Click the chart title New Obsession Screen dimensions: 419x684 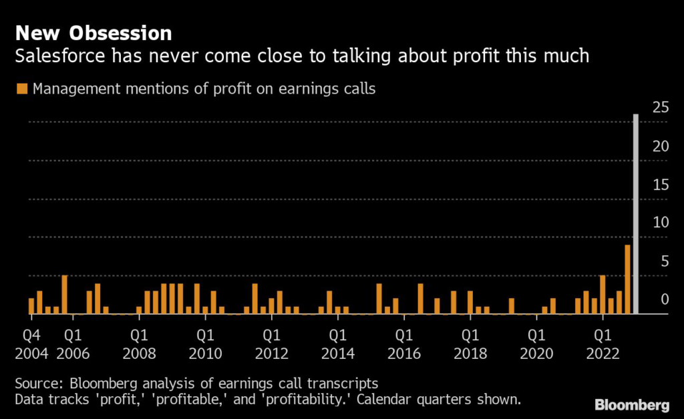click(94, 33)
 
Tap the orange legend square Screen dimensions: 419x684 click(23, 88)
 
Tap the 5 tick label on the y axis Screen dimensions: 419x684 click(663, 261)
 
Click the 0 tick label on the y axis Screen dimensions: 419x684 click(663, 299)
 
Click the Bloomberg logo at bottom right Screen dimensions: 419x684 click(632, 405)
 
